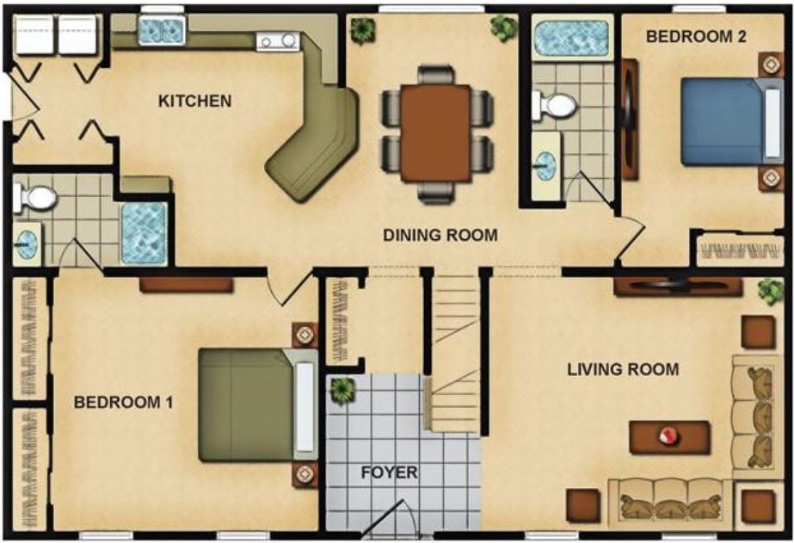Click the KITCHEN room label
(x=194, y=101)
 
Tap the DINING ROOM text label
(x=440, y=234)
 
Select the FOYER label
(x=389, y=472)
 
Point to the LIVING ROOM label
(x=623, y=370)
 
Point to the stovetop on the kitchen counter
(x=278, y=40)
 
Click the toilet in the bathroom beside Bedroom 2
(x=554, y=106)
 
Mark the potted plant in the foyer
(x=342, y=389)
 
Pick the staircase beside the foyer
(x=453, y=353)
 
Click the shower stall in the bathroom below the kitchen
(x=144, y=233)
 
